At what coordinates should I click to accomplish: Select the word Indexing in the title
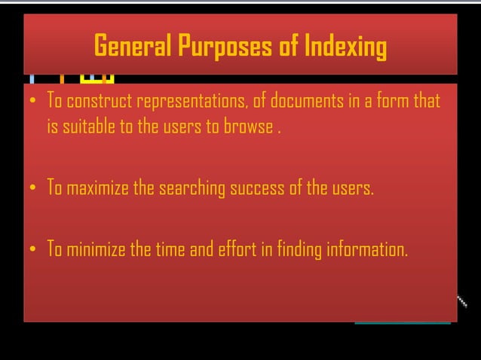click(346, 47)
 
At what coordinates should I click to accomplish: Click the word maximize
click(98, 188)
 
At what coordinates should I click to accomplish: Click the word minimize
click(97, 250)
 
